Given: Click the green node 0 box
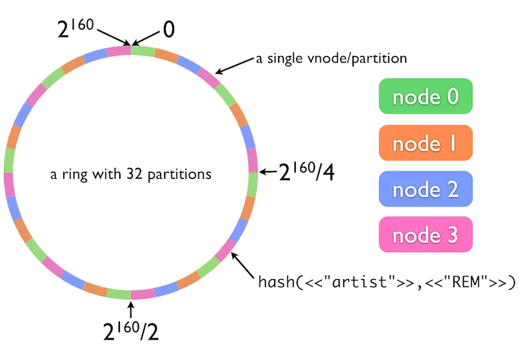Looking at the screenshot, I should point(426,97).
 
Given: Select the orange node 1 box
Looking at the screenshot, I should point(426,143).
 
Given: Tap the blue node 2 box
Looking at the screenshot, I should point(426,190).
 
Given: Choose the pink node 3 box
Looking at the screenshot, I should point(426,235).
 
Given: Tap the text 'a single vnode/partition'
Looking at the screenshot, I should point(331,59).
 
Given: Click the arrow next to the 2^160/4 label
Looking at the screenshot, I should point(267,172).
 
